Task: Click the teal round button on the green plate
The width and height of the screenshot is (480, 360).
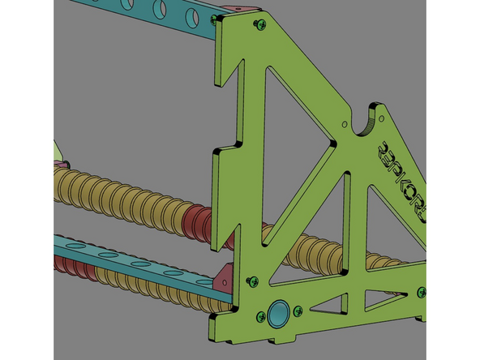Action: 281,312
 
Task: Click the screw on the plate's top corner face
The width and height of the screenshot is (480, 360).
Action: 258,24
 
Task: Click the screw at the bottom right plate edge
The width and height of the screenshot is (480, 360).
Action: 421,291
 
